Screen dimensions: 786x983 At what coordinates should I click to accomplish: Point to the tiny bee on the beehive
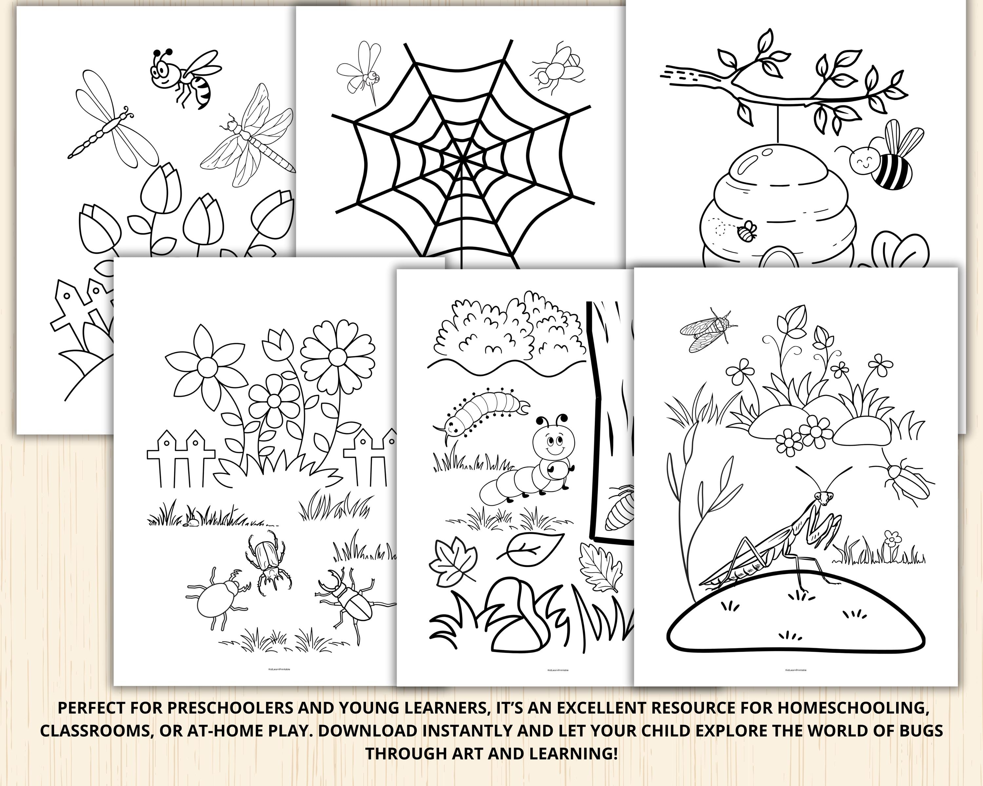[747, 232]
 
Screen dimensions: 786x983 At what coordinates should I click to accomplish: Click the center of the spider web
[462, 157]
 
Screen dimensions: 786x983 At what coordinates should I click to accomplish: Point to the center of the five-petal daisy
[207, 365]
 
